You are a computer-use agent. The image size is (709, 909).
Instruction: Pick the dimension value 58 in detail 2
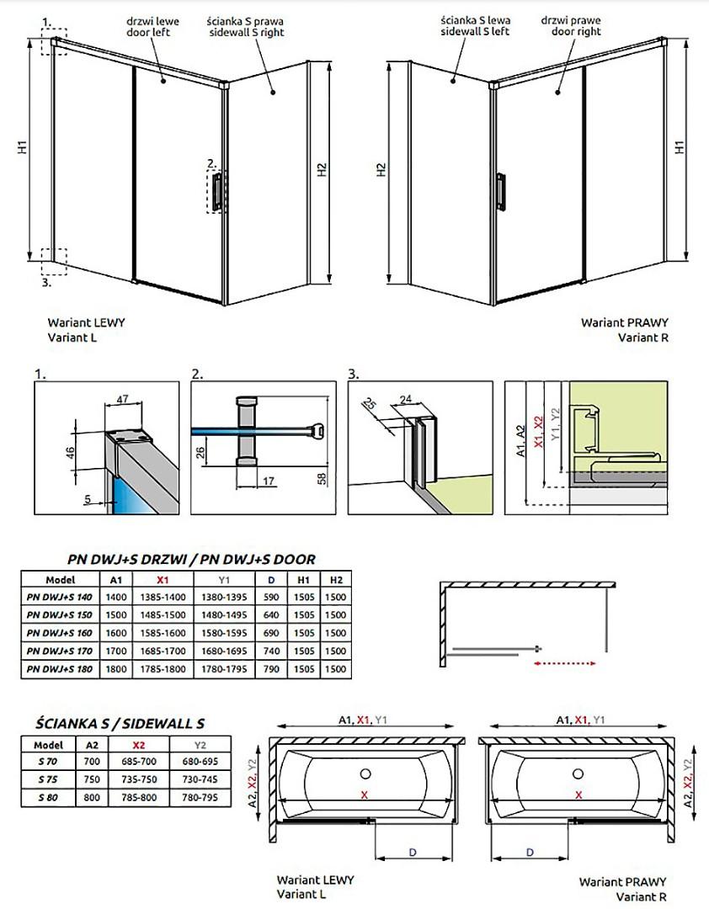coord(320,478)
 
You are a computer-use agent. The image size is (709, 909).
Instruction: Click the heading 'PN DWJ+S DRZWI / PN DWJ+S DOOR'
coord(191,559)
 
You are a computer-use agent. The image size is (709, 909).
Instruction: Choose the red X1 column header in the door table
coord(163,579)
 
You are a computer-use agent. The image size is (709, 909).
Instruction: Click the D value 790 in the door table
coord(271,669)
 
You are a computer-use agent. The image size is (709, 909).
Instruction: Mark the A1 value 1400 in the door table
coord(115,597)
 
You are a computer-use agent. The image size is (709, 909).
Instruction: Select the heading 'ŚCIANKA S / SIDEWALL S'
coord(120,723)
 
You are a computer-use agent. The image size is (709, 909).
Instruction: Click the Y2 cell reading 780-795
coord(199,796)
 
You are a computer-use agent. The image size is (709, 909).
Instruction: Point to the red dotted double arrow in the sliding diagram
coord(564,664)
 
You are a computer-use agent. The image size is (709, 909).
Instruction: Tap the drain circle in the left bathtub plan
coord(366,774)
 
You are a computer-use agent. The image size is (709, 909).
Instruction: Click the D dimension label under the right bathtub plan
coord(530,853)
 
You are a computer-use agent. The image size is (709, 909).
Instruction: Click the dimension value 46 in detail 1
coord(72,451)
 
